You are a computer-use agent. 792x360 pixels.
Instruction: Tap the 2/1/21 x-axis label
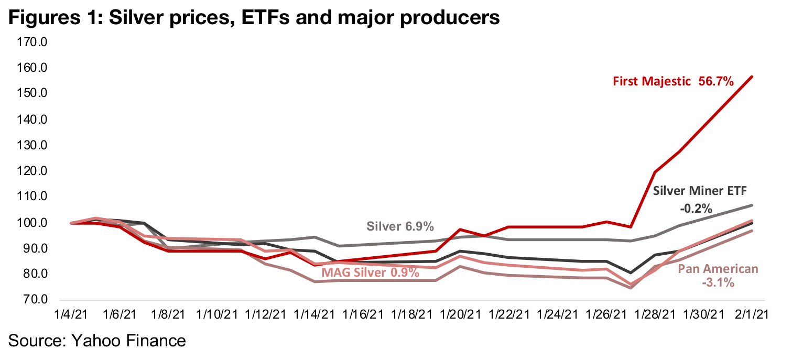pos(753,314)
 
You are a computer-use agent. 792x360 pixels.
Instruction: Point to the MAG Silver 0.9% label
pos(371,272)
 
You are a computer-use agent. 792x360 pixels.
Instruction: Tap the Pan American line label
pos(718,269)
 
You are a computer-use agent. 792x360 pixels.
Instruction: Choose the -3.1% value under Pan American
pos(718,283)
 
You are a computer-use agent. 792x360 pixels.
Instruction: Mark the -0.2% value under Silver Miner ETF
pos(696,209)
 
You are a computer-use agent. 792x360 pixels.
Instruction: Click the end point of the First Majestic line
pos(753,77)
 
